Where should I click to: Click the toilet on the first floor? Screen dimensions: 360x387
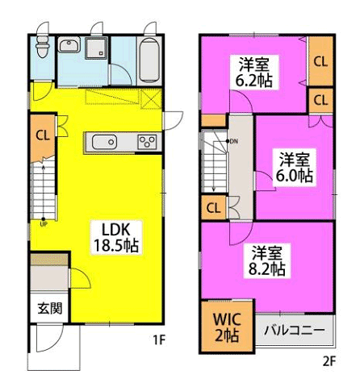43,46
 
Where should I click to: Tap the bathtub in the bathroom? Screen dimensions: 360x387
149,60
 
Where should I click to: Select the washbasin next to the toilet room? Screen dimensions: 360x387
69,44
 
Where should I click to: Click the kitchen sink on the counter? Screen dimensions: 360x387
104,142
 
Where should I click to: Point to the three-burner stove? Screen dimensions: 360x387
147,142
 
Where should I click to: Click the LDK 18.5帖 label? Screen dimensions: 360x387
116,237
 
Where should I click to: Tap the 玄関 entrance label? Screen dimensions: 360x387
50,308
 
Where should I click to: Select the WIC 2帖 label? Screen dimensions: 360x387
227,327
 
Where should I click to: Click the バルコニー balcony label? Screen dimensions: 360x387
294,330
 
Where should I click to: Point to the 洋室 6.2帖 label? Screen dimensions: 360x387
254,72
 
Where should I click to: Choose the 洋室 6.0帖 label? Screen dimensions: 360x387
295,167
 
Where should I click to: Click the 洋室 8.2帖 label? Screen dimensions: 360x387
266,260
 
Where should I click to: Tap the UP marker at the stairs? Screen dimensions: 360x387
44,223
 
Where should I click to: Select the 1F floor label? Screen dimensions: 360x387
159,340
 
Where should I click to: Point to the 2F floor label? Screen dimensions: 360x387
329,361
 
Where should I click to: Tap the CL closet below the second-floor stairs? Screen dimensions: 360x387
214,208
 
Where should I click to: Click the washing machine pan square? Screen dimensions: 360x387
96,48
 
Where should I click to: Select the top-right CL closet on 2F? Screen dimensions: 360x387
320,61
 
